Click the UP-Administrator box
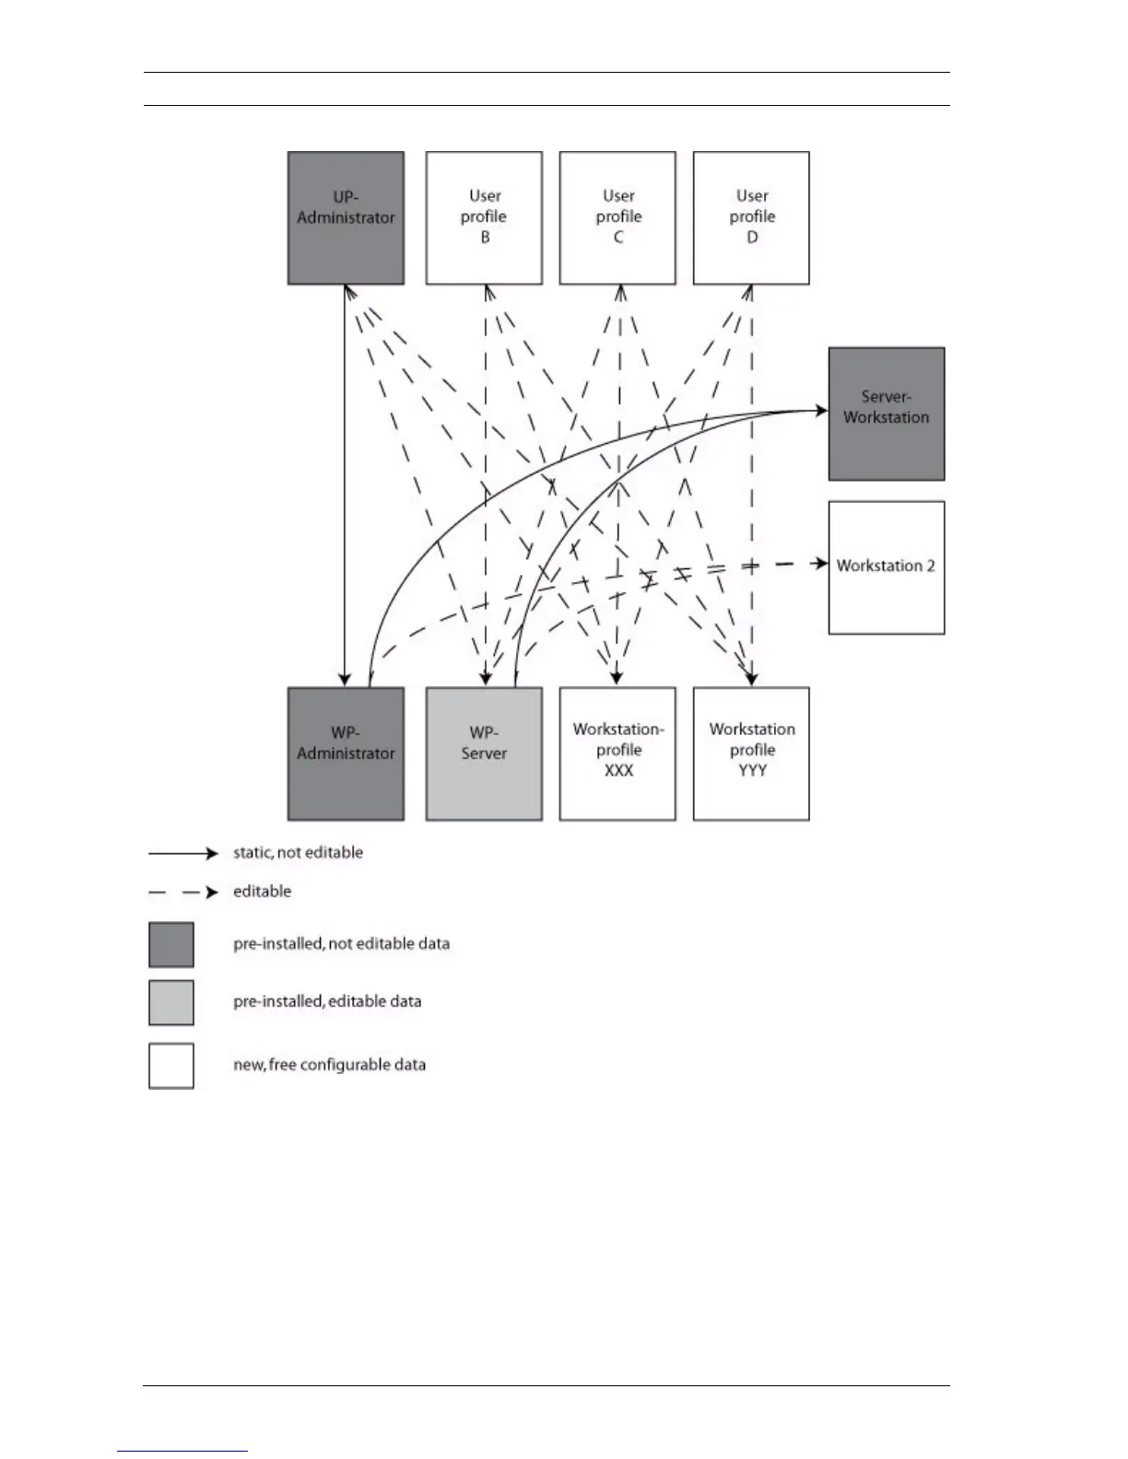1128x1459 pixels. tap(346, 218)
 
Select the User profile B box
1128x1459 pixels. tap(484, 218)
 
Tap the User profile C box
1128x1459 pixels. tap(617, 218)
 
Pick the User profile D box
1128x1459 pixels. tap(751, 218)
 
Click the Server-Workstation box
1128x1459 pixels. tap(887, 414)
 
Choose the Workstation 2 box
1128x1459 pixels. tap(887, 567)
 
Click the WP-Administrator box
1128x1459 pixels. tap(346, 753)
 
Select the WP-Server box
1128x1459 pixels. tap(484, 753)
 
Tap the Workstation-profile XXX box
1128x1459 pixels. tap(617, 753)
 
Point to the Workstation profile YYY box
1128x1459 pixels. tap(751, 753)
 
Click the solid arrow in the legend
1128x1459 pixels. tap(183, 854)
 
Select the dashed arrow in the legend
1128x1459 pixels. tap(183, 893)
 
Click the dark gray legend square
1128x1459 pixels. tap(171, 945)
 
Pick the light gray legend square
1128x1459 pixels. tap(171, 1003)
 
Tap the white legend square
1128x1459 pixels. tap(171, 1066)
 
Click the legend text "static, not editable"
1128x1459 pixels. tap(298, 853)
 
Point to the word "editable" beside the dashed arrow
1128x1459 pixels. tap(262, 892)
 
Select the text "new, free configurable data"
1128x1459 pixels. tap(329, 1065)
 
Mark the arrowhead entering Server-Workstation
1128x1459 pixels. tap(821, 410)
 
